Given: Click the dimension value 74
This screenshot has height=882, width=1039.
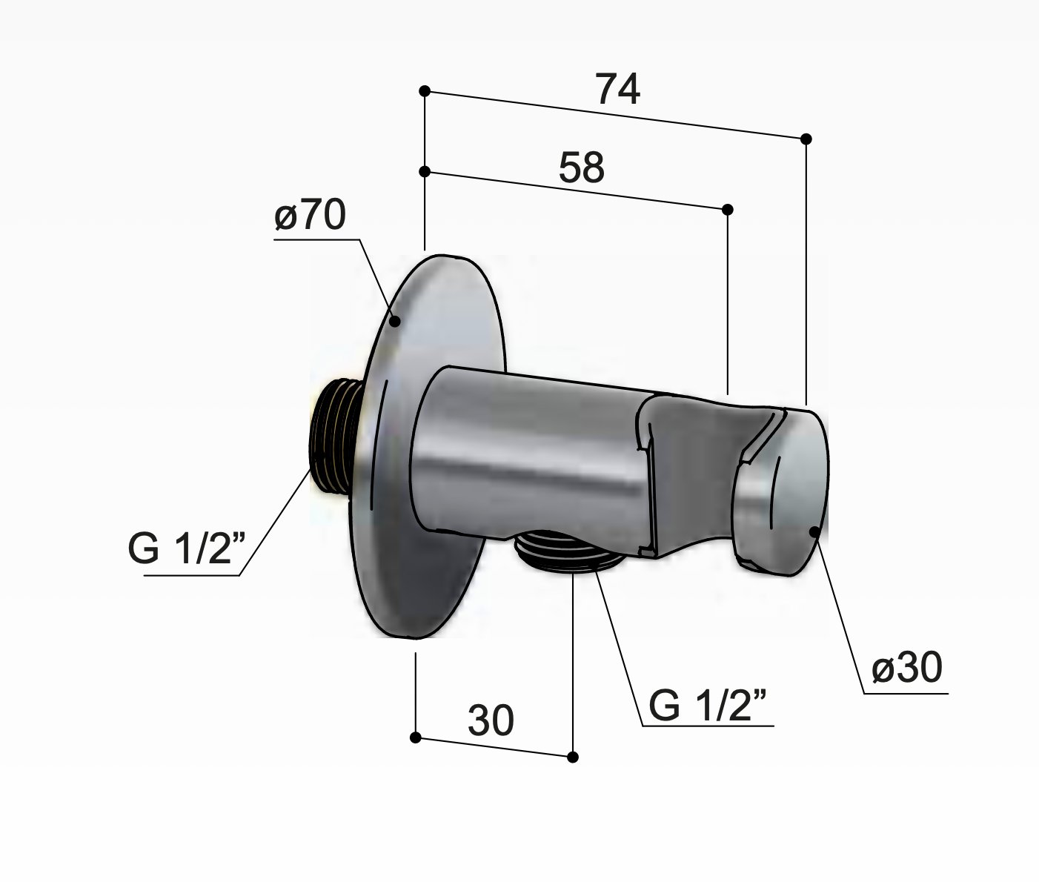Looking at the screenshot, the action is [x=618, y=90].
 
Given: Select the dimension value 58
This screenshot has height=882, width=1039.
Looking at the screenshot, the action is [x=582, y=168].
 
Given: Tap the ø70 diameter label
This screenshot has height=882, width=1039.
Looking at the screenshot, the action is [x=310, y=214].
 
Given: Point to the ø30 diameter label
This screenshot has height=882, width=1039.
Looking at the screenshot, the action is [x=907, y=668].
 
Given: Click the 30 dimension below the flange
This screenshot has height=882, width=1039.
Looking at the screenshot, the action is [x=491, y=720].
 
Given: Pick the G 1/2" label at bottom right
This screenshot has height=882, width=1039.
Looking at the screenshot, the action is [x=708, y=706].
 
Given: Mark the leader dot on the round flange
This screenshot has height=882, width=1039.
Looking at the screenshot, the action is [x=396, y=321].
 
